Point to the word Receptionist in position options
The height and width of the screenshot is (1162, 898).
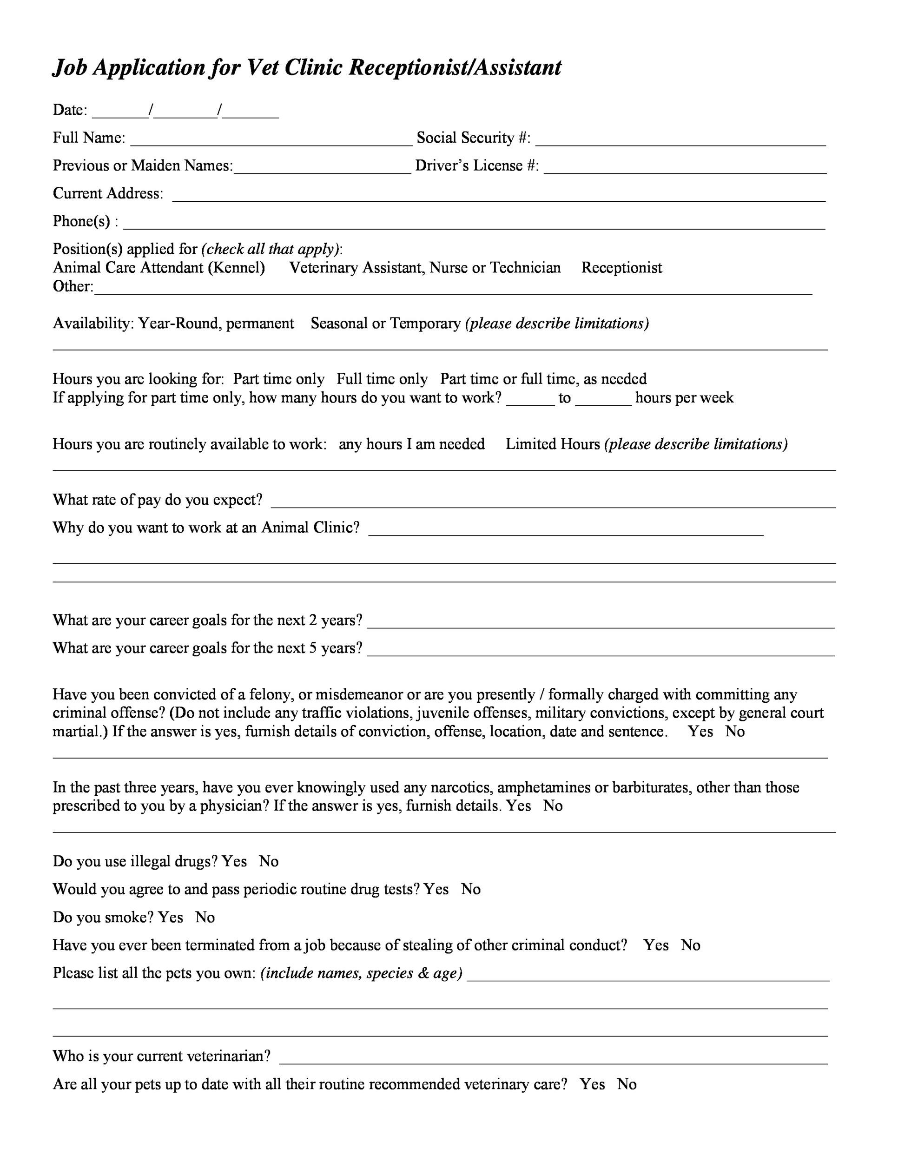pyautogui.click(x=621, y=268)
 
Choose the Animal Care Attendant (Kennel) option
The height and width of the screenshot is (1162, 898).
pyautogui.click(x=158, y=268)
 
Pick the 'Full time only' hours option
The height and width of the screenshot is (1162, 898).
pyautogui.click(x=382, y=379)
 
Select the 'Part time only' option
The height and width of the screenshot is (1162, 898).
pyautogui.click(x=279, y=379)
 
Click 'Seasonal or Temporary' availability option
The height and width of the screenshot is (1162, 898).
pyautogui.click(x=385, y=324)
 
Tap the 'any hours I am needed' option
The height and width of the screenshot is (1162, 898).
pyautogui.click(x=411, y=444)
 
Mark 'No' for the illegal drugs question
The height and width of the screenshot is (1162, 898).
pyautogui.click(x=269, y=861)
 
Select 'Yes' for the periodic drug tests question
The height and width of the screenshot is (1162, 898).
pyautogui.click(x=436, y=890)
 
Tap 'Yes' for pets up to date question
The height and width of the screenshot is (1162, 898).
pyautogui.click(x=592, y=1084)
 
